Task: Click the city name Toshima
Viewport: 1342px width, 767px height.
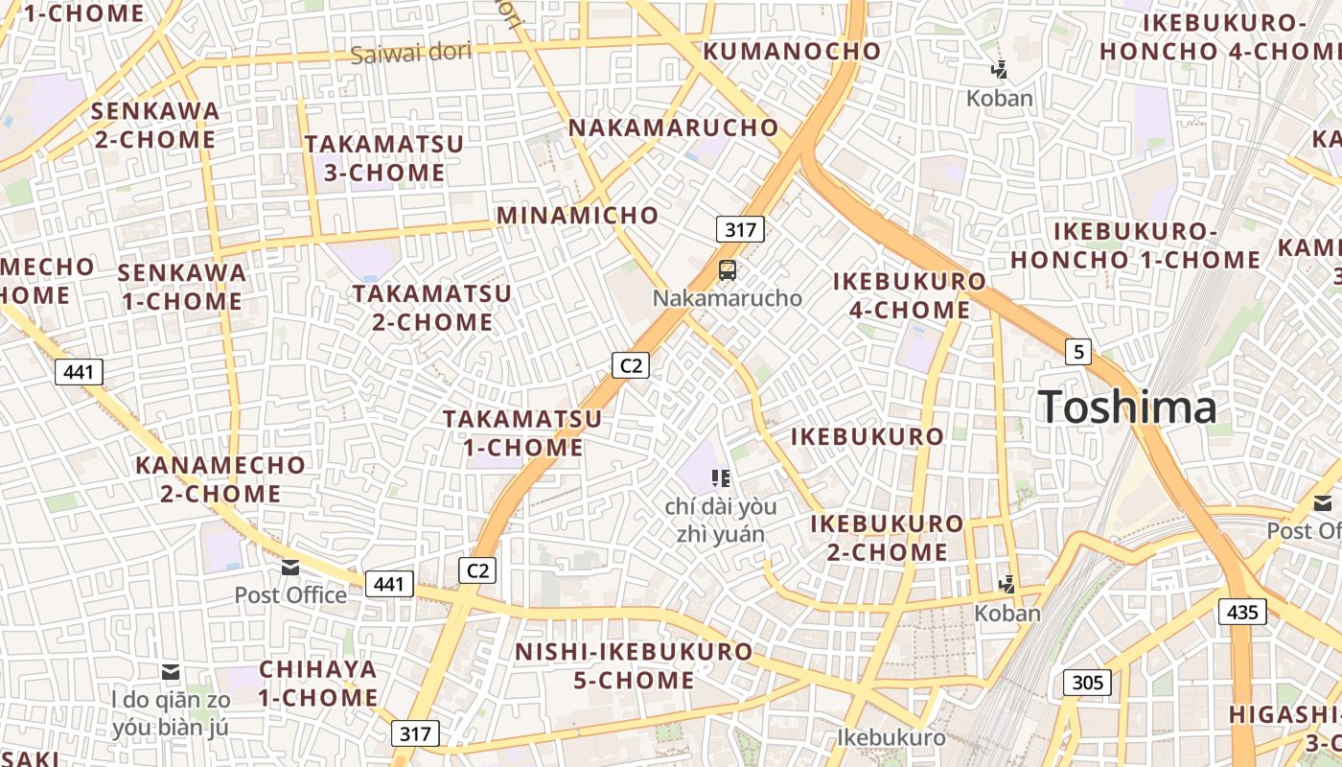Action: click(1127, 407)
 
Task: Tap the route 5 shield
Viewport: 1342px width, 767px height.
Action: click(1078, 352)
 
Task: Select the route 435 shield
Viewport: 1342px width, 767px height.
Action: click(1241, 611)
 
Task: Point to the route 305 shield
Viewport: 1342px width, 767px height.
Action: click(1087, 683)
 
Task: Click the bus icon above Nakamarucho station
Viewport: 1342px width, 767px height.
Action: click(728, 270)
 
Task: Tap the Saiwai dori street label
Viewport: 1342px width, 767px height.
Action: click(410, 53)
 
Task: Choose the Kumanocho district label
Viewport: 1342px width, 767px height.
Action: click(792, 51)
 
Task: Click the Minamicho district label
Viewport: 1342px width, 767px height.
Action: click(577, 215)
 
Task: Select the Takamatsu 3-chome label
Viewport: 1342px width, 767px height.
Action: click(383, 158)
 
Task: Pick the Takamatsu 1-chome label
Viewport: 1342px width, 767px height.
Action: click(522, 432)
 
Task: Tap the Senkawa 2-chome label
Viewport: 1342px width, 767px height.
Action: click(154, 125)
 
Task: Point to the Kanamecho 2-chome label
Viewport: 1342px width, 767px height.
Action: click(220, 479)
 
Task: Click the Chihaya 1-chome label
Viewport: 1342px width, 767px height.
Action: click(317, 683)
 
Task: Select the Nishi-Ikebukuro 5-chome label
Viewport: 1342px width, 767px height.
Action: click(634, 665)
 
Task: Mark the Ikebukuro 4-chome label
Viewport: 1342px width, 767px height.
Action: click(909, 295)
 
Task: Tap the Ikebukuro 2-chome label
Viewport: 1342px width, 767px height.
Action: click(887, 538)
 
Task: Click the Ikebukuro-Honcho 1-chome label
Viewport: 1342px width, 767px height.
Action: click(1135, 245)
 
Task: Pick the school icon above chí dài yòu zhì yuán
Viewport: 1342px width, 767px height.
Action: click(721, 477)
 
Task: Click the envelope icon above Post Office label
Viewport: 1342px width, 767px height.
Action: click(290, 568)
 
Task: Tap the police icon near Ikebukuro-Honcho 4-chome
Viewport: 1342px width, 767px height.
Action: click(1000, 69)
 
